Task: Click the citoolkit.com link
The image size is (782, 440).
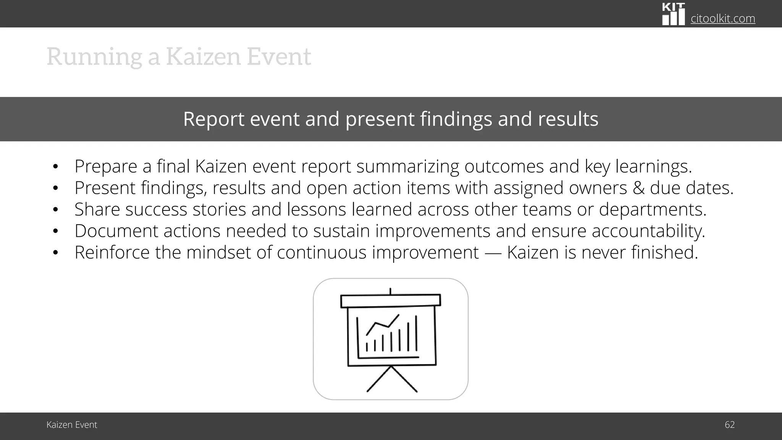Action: click(722, 18)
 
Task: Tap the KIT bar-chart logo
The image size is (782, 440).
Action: click(673, 15)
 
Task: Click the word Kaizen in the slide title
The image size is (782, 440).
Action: click(204, 57)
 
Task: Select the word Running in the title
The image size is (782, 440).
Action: click(94, 57)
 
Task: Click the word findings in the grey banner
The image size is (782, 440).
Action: click(456, 119)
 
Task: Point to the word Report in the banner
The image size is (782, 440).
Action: click(213, 119)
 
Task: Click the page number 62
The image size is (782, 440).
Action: click(729, 425)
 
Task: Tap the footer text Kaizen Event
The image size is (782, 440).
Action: click(72, 425)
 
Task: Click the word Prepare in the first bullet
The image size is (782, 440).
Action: click(106, 167)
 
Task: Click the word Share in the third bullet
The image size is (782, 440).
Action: click(97, 209)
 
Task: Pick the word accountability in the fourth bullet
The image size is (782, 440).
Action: click(648, 231)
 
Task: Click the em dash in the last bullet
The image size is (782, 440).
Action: click(493, 253)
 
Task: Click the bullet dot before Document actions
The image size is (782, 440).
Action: click(55, 231)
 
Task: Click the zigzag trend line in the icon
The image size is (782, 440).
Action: click(382, 325)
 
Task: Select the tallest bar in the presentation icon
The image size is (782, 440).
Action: click(416, 333)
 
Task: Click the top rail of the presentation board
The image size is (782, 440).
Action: click(390, 301)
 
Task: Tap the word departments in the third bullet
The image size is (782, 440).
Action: click(653, 209)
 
